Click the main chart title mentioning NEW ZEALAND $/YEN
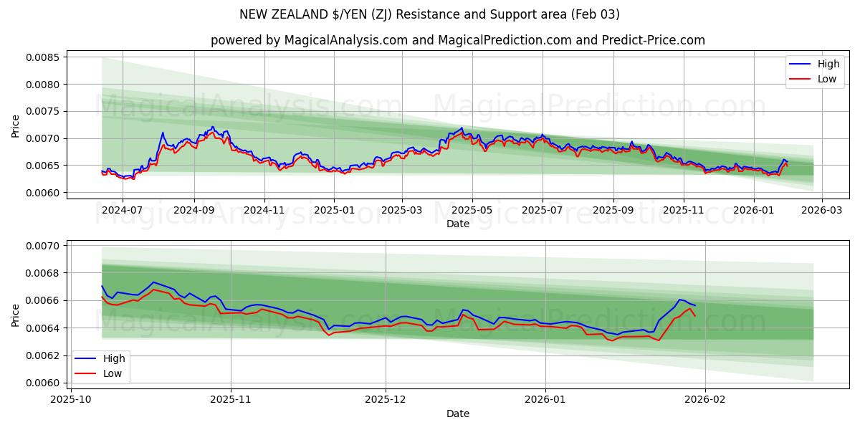429,14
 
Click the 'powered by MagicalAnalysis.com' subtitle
457,40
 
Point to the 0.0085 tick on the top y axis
42,57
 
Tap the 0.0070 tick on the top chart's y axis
42,138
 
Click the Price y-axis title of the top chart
16,125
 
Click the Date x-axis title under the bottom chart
457,414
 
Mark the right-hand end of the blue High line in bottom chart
694,305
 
